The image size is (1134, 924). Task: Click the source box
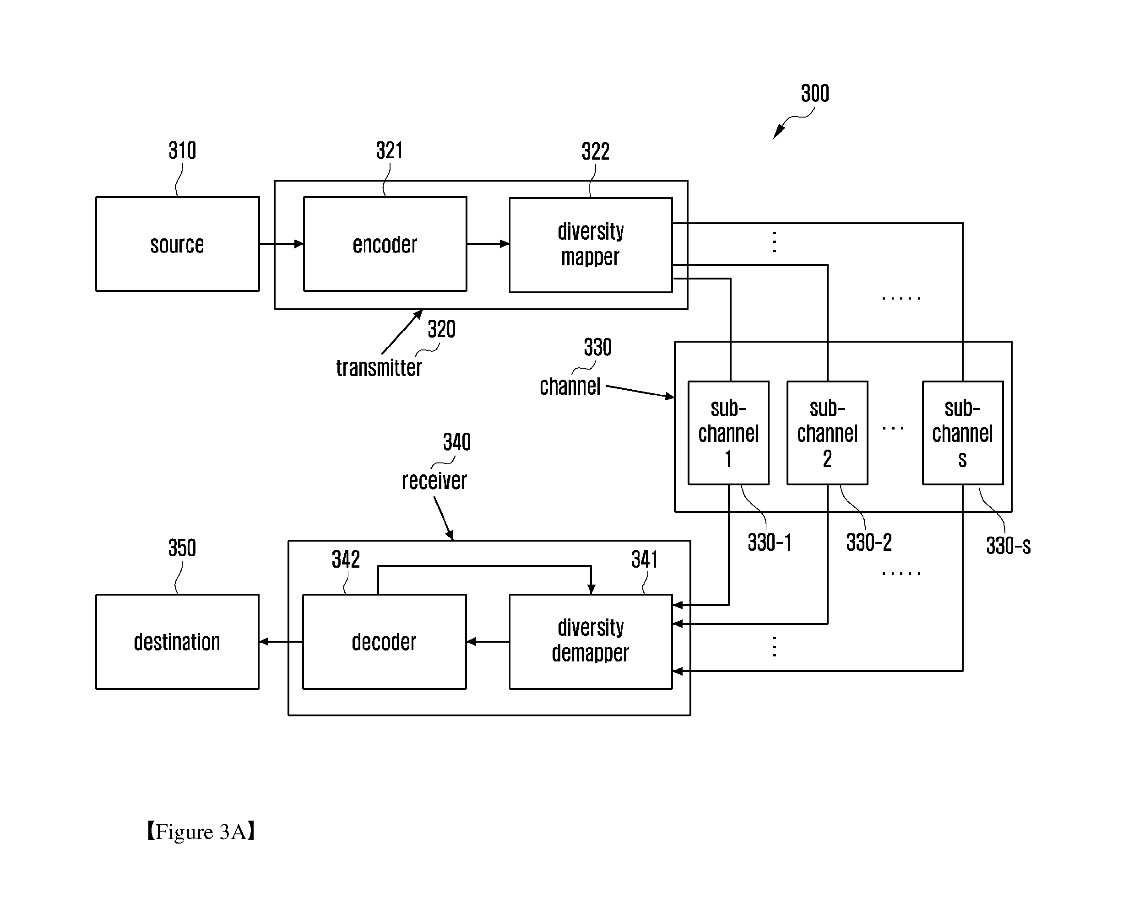tap(177, 244)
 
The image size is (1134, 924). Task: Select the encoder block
tap(385, 244)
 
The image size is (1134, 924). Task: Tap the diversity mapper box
tap(591, 245)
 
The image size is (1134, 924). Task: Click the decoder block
tap(384, 641)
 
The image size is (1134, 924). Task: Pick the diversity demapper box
tap(591, 641)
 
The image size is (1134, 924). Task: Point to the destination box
tap(177, 641)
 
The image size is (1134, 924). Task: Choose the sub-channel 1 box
tap(728, 433)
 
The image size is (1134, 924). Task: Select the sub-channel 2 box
tap(827, 433)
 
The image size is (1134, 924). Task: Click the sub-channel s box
tap(962, 433)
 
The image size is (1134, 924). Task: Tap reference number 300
tap(815, 94)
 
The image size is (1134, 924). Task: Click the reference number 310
tap(182, 150)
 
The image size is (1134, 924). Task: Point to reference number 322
tap(596, 152)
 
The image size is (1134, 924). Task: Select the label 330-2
tap(869, 543)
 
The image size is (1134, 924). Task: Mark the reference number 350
tap(182, 548)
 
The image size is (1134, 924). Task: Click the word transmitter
tap(379, 368)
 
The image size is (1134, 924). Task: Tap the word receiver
tap(434, 481)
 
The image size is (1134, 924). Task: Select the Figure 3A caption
tap(201, 832)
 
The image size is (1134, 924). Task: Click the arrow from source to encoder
tap(281, 244)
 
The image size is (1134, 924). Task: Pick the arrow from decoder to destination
tap(281, 641)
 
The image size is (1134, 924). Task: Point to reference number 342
tap(346, 559)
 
